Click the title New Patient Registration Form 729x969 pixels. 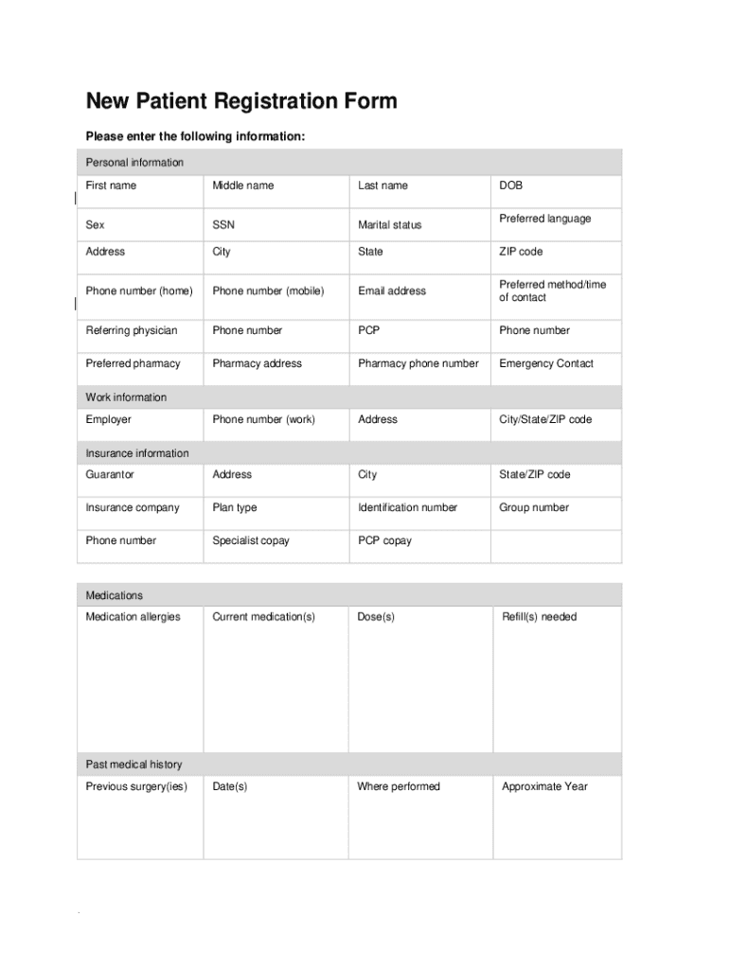(241, 101)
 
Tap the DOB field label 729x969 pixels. (510, 185)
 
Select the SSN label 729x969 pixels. (223, 224)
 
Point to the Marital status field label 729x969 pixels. (389, 225)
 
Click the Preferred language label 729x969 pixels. (544, 219)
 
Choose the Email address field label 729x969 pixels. (391, 291)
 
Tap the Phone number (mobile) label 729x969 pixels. (268, 291)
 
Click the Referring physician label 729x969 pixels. (132, 330)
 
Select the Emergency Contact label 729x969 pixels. (546, 363)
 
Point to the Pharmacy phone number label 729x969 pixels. (418, 363)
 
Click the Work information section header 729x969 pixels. (126, 397)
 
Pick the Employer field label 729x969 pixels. (109, 419)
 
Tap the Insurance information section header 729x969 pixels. (137, 453)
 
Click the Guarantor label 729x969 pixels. (110, 474)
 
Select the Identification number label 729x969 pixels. (407, 507)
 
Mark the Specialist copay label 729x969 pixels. (251, 540)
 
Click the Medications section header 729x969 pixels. (115, 595)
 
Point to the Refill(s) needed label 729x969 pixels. (539, 617)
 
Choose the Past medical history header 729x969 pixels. (133, 765)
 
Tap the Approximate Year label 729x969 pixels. (544, 786)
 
